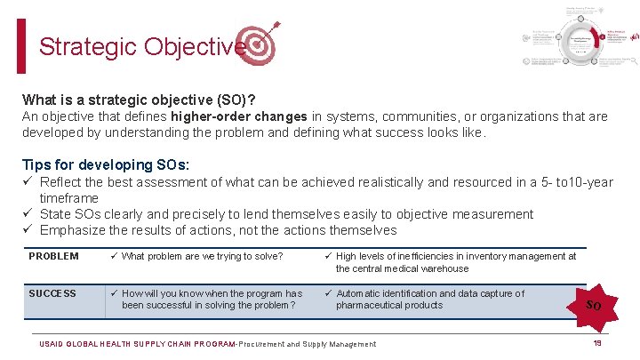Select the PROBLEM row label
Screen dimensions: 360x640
tap(53, 257)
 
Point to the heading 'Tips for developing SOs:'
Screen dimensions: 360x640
tap(106, 164)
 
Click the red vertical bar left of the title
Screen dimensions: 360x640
tap(21, 46)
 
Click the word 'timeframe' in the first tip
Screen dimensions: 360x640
tap(68, 197)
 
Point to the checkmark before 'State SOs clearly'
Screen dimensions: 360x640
tap(28, 214)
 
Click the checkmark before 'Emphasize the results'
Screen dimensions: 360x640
tap(28, 230)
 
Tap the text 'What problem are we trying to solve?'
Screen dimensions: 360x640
tap(202, 257)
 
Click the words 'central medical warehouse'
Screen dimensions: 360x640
tap(402, 268)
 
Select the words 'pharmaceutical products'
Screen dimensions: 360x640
tap(388, 305)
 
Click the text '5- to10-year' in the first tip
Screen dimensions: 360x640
tap(573, 182)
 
